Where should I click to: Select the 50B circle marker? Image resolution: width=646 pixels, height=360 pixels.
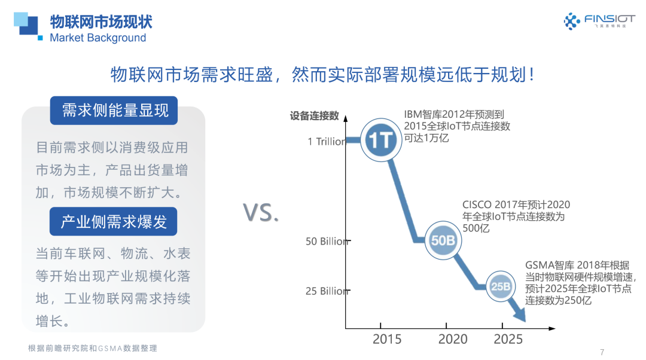[x=443, y=240]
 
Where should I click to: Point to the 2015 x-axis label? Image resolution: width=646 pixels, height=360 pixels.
[x=387, y=339]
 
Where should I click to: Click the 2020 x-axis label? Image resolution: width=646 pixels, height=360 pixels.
[x=453, y=339]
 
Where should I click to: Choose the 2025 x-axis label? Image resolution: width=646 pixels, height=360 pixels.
[x=508, y=339]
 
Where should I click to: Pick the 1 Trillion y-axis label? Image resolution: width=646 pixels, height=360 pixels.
[x=327, y=142]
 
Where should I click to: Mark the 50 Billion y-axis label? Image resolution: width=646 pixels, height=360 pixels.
[x=327, y=242]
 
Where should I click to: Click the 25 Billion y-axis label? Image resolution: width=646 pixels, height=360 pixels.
[x=327, y=291]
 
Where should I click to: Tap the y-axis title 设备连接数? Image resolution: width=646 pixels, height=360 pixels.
[x=315, y=116]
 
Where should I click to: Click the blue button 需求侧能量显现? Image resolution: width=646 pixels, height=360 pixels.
[x=114, y=111]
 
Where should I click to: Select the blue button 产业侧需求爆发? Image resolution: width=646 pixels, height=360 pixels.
[x=114, y=222]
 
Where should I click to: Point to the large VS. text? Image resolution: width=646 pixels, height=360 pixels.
[x=261, y=213]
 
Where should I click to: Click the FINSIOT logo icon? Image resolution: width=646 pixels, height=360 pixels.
[x=572, y=22]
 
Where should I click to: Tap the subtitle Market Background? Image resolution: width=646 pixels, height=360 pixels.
[x=97, y=38]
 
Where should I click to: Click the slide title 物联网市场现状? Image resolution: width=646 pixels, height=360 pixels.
[x=101, y=22]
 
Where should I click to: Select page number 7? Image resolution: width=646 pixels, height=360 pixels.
[x=602, y=351]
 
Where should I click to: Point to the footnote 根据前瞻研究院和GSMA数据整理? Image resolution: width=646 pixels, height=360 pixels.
[x=92, y=348]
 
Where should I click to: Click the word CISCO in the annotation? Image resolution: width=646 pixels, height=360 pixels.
[x=477, y=205]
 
